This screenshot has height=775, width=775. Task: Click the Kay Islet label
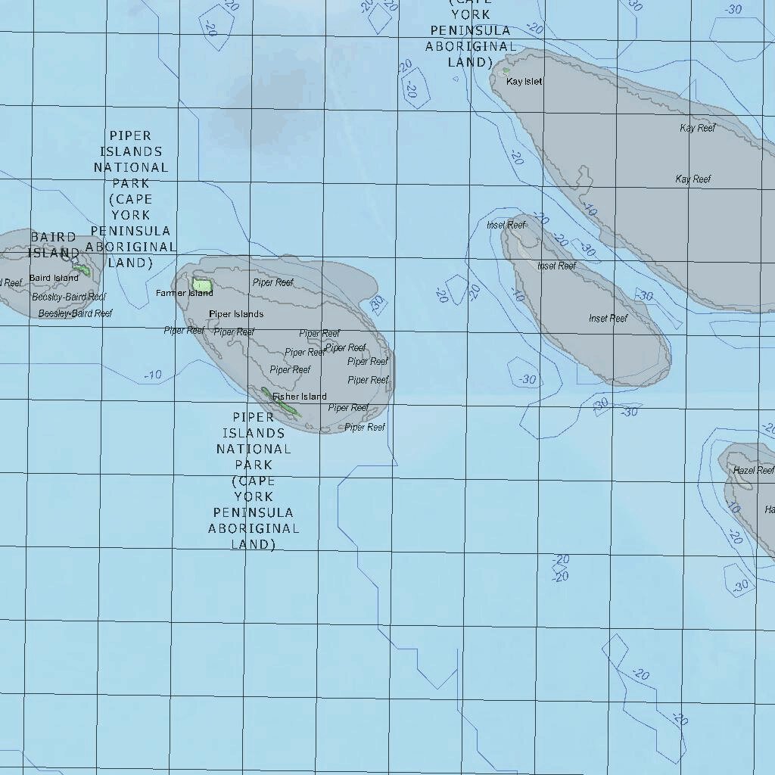524,82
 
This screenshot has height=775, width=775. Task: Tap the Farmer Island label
184,293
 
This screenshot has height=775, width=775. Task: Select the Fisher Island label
300,397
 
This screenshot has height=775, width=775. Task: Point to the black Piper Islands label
236,314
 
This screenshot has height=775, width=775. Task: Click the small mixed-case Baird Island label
54,278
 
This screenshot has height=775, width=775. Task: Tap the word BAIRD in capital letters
53,238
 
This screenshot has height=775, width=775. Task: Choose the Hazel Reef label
753,470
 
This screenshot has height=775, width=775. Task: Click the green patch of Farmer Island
202,286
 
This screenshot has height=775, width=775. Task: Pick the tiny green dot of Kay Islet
506,71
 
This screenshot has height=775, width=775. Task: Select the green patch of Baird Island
82,269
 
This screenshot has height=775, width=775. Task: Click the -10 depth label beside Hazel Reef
732,508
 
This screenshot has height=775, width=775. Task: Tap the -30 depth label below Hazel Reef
740,585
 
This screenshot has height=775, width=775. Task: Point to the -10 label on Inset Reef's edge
518,294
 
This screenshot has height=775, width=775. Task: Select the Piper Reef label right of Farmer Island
272,282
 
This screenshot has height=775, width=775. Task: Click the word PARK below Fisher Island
254,465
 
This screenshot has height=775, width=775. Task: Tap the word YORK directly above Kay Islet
471,14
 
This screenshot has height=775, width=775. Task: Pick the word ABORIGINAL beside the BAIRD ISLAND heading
131,247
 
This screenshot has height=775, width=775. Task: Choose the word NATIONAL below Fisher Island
254,449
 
